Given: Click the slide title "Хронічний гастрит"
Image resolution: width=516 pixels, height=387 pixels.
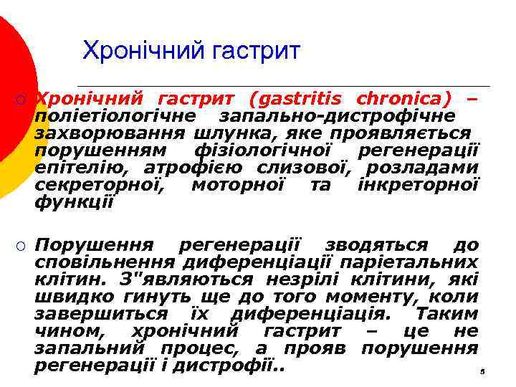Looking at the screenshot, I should click(191, 51).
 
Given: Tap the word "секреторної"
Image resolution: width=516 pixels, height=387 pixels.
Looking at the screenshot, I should click(100, 186).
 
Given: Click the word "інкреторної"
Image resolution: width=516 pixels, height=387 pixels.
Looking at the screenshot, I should click(417, 186).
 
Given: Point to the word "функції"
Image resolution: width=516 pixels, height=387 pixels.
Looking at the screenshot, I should click(74, 203).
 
